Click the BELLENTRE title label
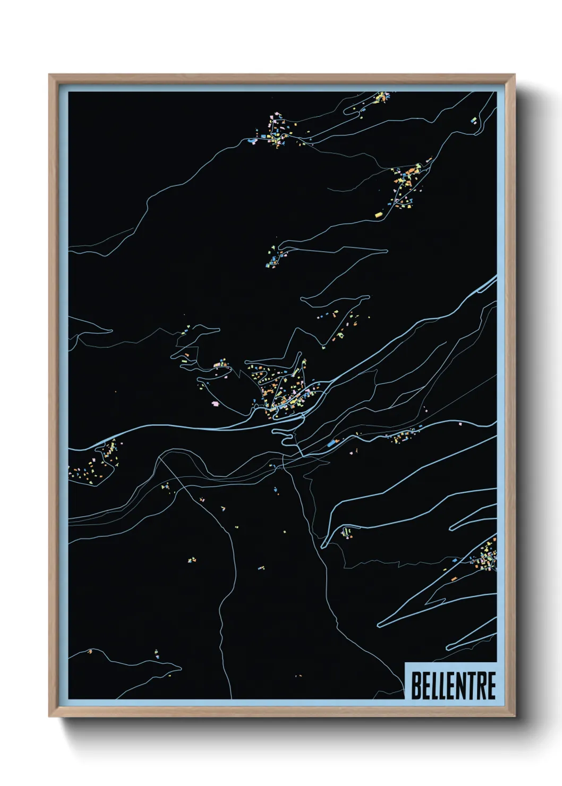tap(453, 685)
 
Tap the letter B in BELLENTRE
tap(416, 686)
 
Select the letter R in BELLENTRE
tap(479, 686)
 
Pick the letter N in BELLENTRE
tap(456, 686)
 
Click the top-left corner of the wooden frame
tap(49, 75)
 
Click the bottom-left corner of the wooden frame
tap(49, 716)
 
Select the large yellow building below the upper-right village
tap(379, 215)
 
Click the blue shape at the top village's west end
tap(250, 141)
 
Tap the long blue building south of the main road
tap(333, 442)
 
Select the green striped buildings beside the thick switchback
tap(347, 532)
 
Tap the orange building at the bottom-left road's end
tap(90, 651)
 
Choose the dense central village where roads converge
tap(282, 390)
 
